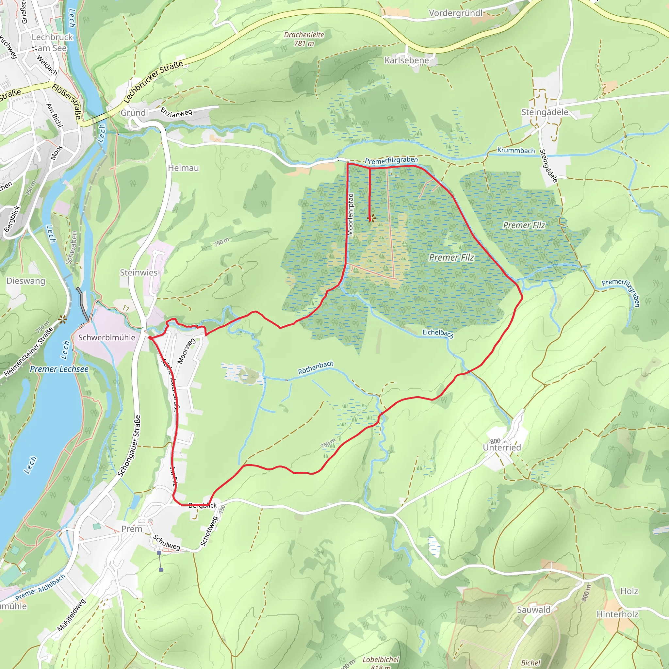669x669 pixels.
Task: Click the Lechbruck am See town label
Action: (52, 42)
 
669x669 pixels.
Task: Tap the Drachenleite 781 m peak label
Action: (304, 39)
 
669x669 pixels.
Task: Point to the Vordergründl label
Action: (455, 13)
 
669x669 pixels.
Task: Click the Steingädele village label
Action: (545, 112)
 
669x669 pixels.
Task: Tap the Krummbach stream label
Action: (516, 150)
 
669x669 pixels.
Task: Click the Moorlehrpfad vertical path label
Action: (350, 214)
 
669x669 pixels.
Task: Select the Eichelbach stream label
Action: (438, 333)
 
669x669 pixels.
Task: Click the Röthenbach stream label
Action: (316, 367)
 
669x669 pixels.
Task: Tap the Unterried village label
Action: (502, 448)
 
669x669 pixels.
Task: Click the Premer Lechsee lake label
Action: (59, 369)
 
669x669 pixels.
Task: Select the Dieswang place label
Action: (25, 281)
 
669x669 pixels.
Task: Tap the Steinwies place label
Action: (139, 272)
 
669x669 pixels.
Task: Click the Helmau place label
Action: (183, 168)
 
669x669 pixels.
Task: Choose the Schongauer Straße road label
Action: (129, 446)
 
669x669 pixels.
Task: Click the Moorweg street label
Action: (186, 351)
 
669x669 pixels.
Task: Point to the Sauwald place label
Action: (533, 610)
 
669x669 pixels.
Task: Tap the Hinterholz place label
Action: (617, 614)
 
